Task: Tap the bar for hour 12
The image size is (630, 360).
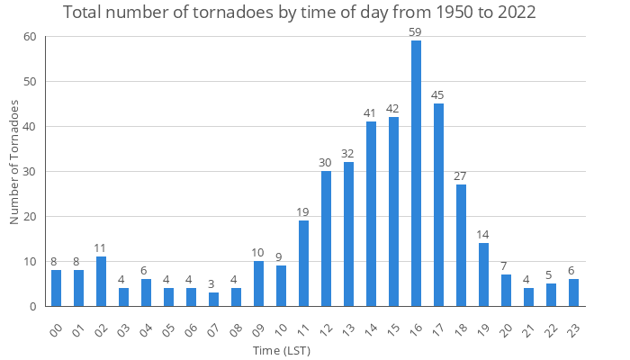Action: coord(326,238)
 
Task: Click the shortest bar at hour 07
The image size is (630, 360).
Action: coord(213,300)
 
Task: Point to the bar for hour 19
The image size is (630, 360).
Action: coord(483,274)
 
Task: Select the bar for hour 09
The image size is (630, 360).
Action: coord(258,283)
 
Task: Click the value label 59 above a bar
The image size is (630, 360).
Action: coord(416,32)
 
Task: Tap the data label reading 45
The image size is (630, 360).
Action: coord(438,95)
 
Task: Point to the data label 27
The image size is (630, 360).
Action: coord(461,176)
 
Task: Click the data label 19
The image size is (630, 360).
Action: coord(303,212)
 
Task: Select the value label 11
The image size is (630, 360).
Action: coord(101,248)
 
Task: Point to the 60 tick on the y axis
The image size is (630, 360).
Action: coord(30,37)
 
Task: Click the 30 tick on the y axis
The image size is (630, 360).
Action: coord(30,172)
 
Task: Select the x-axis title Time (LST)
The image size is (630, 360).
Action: coord(281,350)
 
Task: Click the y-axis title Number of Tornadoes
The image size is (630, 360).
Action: coord(14,163)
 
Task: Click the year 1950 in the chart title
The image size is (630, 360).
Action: coord(407,13)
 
